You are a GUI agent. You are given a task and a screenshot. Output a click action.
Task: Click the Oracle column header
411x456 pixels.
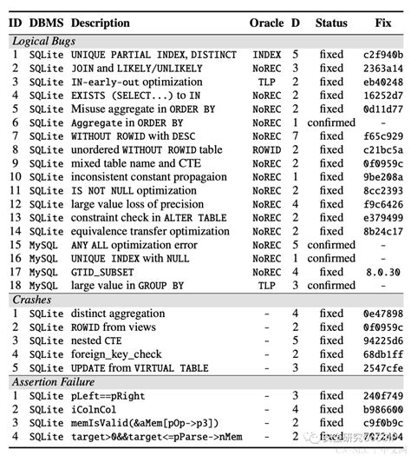[x=266, y=22]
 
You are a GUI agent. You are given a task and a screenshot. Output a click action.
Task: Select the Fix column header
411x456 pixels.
[x=382, y=22]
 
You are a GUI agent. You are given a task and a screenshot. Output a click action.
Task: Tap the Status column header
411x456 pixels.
[x=331, y=22]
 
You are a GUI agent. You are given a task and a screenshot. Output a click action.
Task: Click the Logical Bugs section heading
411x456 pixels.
[x=43, y=41]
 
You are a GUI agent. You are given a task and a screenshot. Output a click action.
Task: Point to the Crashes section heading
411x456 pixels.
[x=31, y=299]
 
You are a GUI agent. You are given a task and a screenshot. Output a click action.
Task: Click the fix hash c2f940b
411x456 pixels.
[x=382, y=55]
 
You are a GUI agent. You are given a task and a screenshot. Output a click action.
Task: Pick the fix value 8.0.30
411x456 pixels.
[x=382, y=272]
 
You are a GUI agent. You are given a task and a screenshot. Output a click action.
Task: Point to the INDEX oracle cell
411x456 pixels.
[x=266, y=55]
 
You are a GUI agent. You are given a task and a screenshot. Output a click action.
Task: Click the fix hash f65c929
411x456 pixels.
[x=382, y=136]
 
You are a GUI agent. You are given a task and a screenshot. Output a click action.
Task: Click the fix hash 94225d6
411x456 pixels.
[x=382, y=340]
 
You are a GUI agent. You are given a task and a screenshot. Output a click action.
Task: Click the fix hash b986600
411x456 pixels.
[x=382, y=410]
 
